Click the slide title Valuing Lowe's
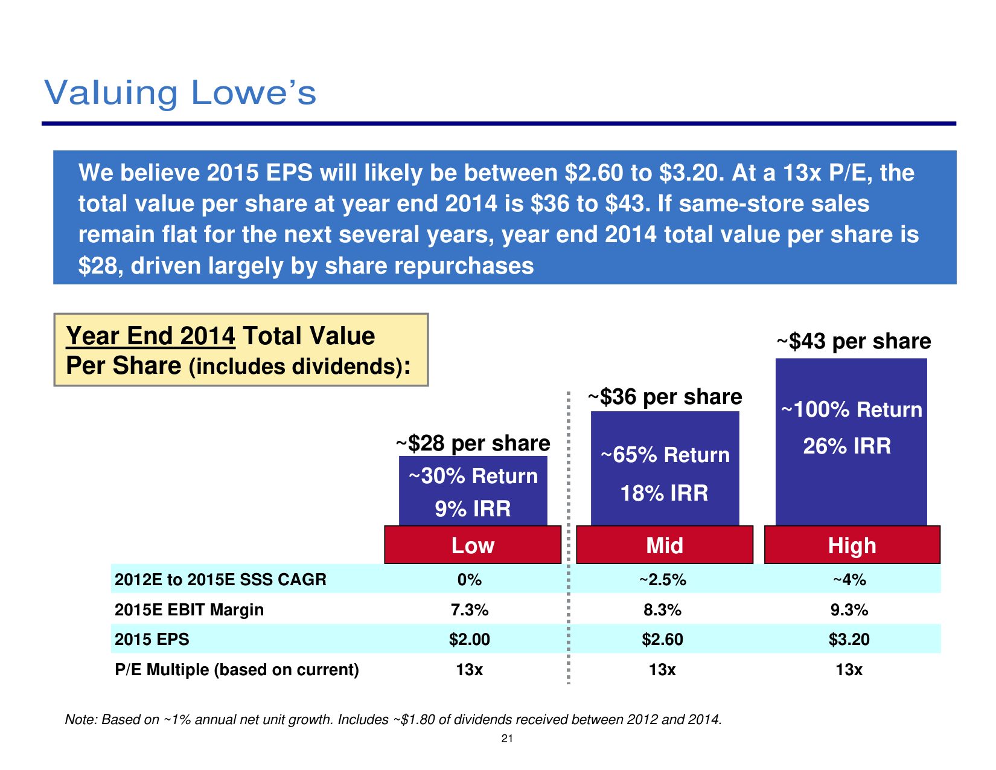click(180, 93)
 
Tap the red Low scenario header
click(473, 545)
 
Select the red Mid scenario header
click(665, 545)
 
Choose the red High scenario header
click(852, 545)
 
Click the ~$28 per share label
click(473, 443)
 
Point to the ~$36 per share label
click(665, 397)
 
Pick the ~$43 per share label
click(853, 341)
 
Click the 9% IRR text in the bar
click(473, 509)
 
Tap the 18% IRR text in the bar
click(664, 493)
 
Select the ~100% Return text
click(852, 409)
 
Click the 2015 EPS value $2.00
click(469, 640)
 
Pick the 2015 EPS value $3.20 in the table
click(849, 640)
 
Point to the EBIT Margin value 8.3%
click(662, 610)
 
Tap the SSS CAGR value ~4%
click(849, 580)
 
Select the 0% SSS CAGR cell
click(469, 580)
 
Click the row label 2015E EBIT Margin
click(189, 610)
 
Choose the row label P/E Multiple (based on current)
click(237, 670)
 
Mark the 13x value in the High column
click(849, 670)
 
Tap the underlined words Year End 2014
click(150, 336)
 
